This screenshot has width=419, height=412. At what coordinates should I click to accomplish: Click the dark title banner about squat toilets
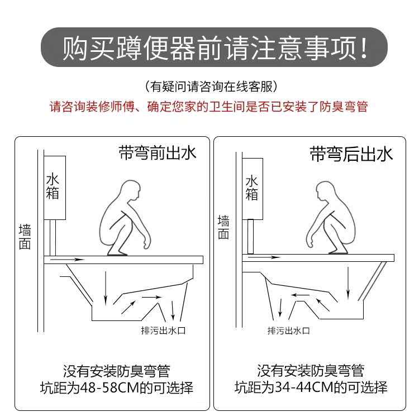214,47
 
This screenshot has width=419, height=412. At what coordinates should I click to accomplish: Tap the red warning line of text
209,107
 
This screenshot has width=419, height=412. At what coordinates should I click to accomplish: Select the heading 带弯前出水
158,153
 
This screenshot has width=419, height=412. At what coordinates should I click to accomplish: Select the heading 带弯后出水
351,154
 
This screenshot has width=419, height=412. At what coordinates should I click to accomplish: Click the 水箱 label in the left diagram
53,186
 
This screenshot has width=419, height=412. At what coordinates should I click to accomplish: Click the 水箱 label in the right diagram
252,188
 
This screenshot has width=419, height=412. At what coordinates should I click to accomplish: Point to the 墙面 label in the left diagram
25,237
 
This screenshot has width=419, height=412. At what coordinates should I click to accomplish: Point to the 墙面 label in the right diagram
223,227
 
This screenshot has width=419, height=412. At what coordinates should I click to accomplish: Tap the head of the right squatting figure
326,191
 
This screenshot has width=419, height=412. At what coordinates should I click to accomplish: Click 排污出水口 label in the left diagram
163,330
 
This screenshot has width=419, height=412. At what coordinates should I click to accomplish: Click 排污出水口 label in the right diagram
289,331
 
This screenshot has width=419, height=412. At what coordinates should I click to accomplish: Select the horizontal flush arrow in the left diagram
68,259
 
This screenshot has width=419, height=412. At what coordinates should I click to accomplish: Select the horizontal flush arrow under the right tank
264,257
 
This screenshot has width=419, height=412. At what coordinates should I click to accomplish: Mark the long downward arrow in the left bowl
106,288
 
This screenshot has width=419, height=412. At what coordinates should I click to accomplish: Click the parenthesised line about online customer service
211,87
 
